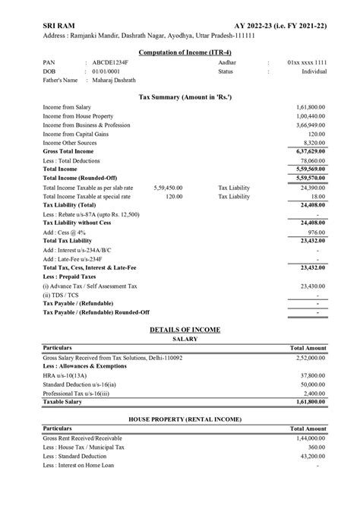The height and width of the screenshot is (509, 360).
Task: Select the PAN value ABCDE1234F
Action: point(111,65)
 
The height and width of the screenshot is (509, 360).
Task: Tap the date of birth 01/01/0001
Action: point(106,72)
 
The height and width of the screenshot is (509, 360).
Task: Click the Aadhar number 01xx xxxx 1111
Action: point(307,65)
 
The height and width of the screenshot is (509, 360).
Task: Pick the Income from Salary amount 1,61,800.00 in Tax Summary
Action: point(310,108)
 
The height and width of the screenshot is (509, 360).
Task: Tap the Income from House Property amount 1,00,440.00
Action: point(310,116)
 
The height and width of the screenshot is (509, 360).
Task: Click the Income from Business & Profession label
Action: point(86,125)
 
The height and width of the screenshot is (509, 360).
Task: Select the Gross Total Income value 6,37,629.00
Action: point(310,151)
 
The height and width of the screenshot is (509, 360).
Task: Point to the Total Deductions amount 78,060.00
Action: point(311,160)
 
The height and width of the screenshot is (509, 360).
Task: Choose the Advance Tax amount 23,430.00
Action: point(311,286)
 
